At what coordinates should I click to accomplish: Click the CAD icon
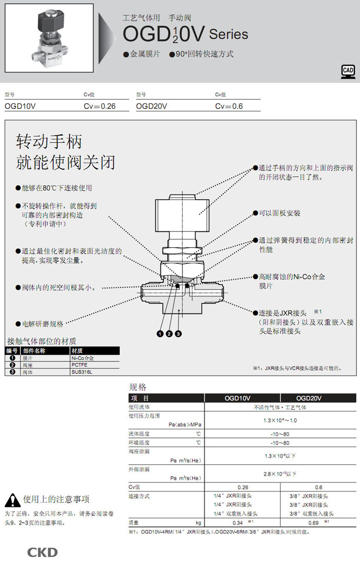point(348,72)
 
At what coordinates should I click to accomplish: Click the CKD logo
point(42,553)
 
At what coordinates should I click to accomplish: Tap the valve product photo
point(49,38)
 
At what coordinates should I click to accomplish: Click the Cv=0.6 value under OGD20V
point(229,106)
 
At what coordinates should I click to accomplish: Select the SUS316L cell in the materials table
point(81,372)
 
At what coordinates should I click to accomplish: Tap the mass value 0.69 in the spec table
point(313,523)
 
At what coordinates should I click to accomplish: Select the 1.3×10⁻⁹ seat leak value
point(280,456)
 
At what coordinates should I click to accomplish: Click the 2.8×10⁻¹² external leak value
point(280,474)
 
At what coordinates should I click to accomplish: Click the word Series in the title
point(228,34)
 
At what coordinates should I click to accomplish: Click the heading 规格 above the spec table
point(138,387)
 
